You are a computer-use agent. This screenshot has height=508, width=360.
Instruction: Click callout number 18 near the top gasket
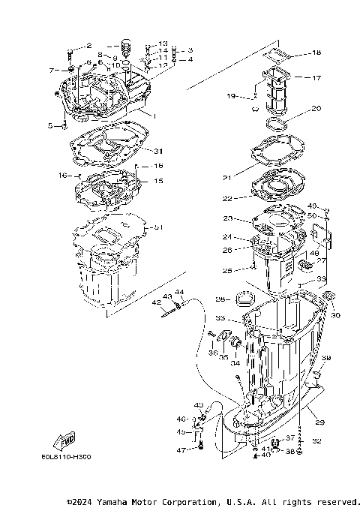[x=316, y=53]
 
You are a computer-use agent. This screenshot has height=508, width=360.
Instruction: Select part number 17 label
[x=316, y=77]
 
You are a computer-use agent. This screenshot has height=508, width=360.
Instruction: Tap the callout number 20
[x=316, y=108]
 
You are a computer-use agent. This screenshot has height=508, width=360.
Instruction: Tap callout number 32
[x=316, y=441]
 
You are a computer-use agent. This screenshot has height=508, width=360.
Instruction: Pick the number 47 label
[x=180, y=449]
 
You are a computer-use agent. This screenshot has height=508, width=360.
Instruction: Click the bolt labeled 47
[x=201, y=448]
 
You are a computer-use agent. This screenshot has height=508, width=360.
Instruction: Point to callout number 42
[x=157, y=302]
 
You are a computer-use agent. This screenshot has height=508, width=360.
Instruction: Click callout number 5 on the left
[x=51, y=126]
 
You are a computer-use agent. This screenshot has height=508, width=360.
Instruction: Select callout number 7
[x=52, y=70]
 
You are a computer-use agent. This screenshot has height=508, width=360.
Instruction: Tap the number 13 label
[x=163, y=44]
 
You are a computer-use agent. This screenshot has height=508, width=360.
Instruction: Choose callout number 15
[x=158, y=181]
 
